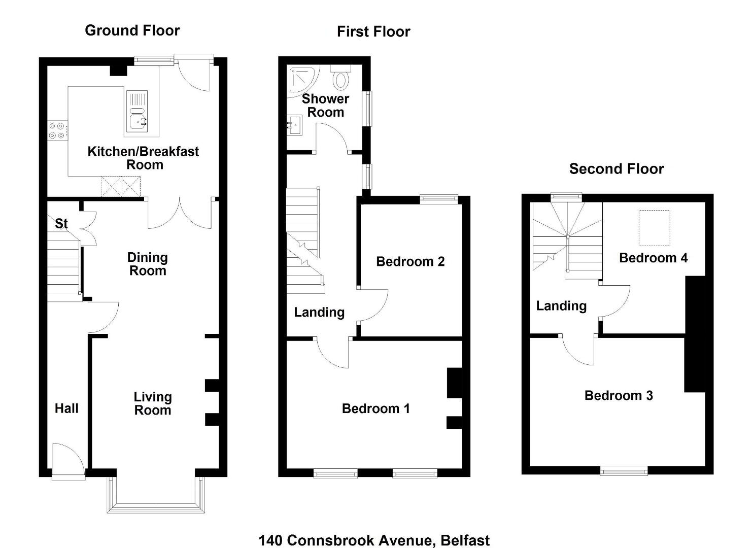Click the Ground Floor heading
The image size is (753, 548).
[x=132, y=30]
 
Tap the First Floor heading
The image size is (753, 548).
[x=373, y=32]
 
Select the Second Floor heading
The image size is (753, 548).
[x=617, y=169]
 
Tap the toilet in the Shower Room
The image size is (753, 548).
[x=340, y=77]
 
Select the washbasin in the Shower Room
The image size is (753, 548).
[x=294, y=125]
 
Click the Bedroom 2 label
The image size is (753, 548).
[x=410, y=261]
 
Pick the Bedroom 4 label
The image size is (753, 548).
[x=653, y=258]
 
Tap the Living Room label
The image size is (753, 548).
[x=153, y=403]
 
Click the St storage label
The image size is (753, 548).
[x=61, y=224]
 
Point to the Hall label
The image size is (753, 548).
[x=66, y=408]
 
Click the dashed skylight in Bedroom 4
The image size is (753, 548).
[x=654, y=228]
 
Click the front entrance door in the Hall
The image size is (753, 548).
[x=68, y=461]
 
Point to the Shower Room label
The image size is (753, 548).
[x=325, y=106]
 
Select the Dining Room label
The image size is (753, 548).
[x=148, y=264]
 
